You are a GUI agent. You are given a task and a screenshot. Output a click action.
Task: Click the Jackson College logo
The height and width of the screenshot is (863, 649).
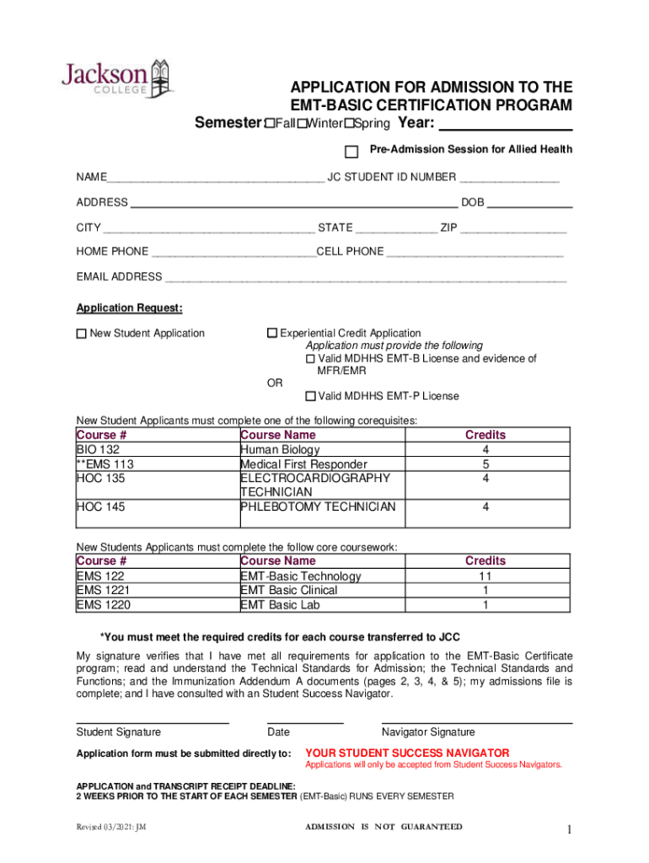(117, 77)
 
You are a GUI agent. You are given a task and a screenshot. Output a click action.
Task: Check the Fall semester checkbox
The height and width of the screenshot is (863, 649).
(270, 125)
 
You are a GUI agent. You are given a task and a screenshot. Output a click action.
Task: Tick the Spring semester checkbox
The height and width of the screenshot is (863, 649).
(347, 125)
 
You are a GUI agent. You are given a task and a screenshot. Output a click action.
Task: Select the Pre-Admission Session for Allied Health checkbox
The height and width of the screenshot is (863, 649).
(351, 152)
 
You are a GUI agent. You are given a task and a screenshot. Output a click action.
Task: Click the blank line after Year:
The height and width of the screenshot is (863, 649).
(507, 126)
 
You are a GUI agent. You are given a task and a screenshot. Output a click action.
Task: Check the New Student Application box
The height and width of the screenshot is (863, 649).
(82, 334)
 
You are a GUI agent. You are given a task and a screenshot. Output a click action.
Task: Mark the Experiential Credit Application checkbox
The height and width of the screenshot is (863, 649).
(272, 334)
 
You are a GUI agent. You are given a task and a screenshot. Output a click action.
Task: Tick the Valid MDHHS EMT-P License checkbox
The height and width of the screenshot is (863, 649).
(310, 396)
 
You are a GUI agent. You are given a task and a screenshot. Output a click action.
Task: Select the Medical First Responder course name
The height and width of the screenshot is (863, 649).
(303, 464)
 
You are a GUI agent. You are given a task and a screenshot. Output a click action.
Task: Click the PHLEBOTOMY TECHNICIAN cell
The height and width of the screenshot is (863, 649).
(317, 507)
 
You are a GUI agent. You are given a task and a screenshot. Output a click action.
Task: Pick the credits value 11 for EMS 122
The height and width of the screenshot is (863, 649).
(485, 576)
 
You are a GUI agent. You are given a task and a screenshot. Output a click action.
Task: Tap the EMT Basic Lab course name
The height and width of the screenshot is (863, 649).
(280, 604)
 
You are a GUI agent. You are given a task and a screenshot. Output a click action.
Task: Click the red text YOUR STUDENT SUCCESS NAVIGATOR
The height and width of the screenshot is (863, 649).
(406, 753)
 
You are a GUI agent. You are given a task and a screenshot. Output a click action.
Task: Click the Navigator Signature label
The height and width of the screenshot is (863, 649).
(428, 732)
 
